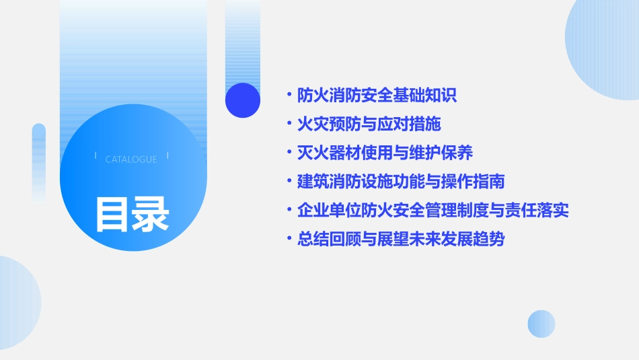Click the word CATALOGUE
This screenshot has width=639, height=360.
131,159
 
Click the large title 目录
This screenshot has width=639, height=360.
132,214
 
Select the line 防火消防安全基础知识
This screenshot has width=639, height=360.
377,96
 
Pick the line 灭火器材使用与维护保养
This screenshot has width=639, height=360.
385,153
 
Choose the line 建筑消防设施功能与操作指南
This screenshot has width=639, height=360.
401,182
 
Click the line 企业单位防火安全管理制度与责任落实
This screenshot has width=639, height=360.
433,211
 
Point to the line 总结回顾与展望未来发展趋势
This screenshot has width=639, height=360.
401,240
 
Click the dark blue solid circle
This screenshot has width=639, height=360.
243,100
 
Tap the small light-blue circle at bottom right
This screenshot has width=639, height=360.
541,324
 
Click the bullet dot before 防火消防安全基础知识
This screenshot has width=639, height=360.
289,96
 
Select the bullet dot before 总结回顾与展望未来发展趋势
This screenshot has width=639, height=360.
289,240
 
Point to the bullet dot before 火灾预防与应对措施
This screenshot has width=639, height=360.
289,124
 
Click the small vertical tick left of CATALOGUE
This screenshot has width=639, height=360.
96,156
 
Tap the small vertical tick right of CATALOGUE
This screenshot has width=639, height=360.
167,156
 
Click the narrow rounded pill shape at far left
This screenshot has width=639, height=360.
39,161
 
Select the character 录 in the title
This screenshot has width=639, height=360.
151,214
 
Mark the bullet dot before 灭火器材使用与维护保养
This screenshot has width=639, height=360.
289,153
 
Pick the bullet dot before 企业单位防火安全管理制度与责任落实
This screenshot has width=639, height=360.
289,211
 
